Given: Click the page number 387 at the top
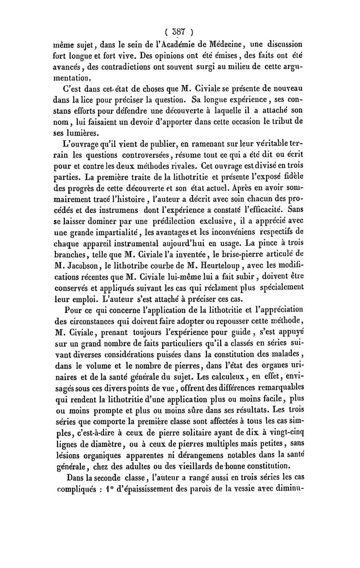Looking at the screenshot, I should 180,32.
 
